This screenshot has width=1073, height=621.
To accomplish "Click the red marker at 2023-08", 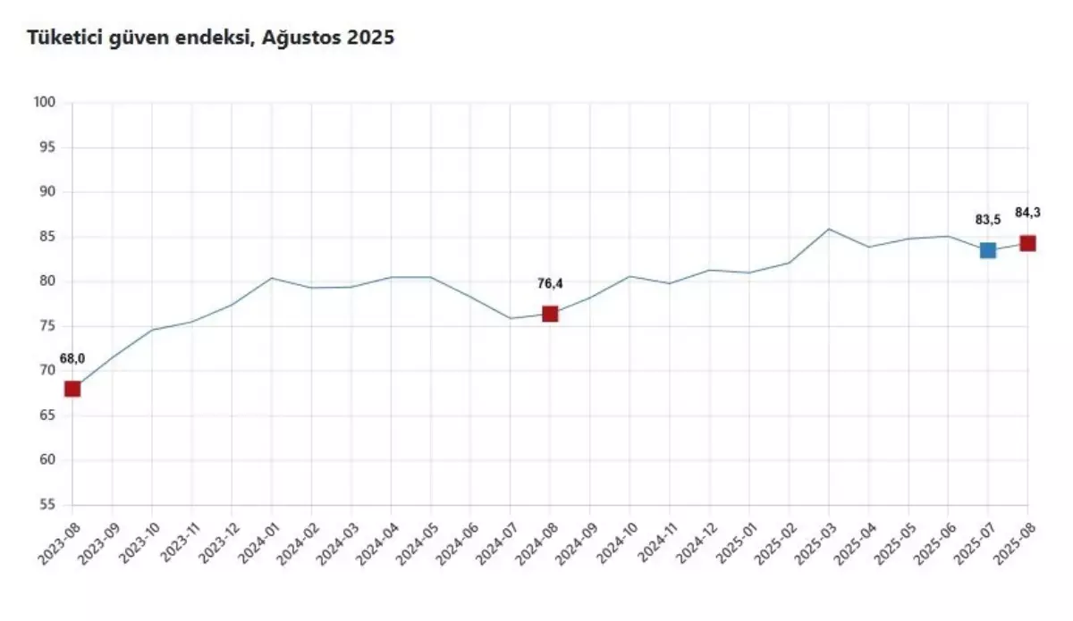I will point(72,389).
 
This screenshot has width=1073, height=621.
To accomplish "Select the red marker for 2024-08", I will point(550,314).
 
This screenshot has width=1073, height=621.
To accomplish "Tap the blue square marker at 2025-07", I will point(988,250).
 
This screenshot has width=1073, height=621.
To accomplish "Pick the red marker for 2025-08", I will point(1027,243).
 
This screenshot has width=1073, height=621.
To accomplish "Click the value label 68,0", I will point(72,359).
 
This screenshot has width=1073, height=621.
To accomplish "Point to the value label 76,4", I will point(550,284).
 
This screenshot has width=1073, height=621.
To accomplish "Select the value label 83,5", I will point(988,220).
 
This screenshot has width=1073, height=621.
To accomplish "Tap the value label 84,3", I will point(1027,213).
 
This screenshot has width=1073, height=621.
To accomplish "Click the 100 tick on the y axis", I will point(46,103).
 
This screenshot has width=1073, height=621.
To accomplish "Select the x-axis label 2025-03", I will point(815,541).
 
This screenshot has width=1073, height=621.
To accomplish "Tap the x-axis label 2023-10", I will point(139,541).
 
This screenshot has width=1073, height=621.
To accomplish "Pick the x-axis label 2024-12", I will point(696,541).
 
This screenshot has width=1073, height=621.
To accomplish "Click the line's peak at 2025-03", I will point(829,229).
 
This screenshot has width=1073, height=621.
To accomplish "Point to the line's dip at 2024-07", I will point(511,318).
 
